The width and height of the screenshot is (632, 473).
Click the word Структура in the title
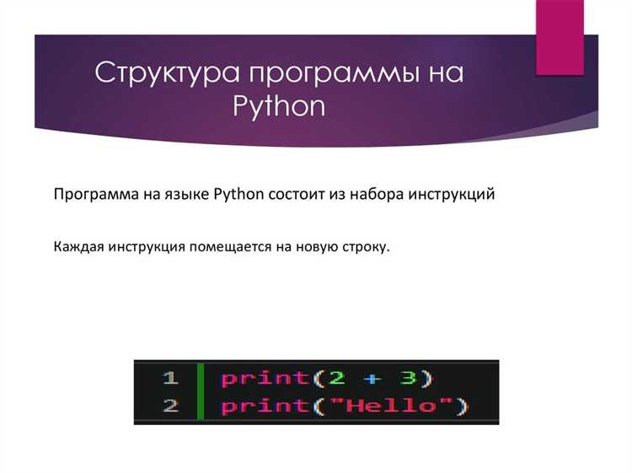166,73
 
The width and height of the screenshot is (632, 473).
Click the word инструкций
452,195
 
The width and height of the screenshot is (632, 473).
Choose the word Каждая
77,248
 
